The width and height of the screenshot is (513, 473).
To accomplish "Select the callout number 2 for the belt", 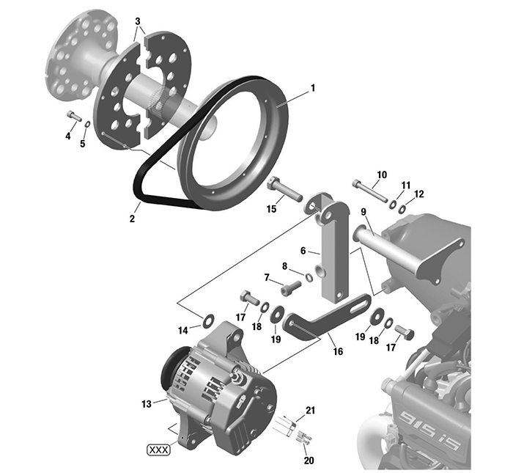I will coord(133,219).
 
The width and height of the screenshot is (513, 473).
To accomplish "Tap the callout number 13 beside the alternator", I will coord(145,403).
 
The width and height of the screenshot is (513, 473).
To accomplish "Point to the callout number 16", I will coord(338,352).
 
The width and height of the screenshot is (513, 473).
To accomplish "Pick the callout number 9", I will coord(363,213).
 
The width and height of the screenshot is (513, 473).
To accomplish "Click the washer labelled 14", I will coord(207,320).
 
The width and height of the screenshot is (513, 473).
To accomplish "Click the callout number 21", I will coord(310,411).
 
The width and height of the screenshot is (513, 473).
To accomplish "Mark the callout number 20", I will coord(309,459).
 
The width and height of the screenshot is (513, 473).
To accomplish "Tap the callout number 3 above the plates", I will coord(138,23).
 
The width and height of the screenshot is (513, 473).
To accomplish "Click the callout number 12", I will coord(419,194).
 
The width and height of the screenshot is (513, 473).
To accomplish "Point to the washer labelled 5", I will coord(87,124).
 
